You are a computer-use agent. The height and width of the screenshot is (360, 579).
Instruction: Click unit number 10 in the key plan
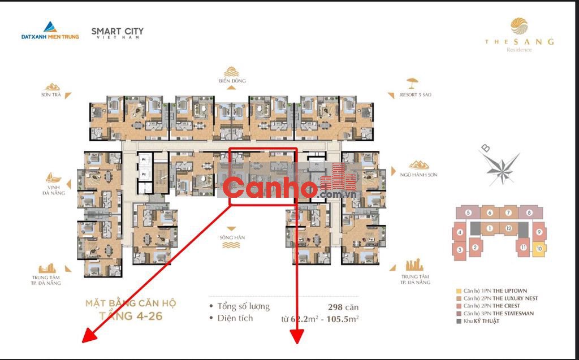[x=539, y=248]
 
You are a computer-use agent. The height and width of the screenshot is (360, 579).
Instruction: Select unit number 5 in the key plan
[x=469, y=213]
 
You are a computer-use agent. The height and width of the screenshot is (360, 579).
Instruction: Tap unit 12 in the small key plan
[x=509, y=228]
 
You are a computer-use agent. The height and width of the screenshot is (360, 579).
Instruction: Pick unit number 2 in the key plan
[x=475, y=246]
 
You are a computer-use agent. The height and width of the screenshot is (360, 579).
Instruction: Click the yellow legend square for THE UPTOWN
[x=459, y=290]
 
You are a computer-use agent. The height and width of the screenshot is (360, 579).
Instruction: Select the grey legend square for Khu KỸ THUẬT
[x=459, y=320]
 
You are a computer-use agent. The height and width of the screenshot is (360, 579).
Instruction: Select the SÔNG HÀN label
[x=231, y=238]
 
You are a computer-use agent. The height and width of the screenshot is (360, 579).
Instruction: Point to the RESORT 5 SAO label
[x=418, y=94]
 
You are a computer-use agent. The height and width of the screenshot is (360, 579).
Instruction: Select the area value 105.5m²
[x=343, y=318]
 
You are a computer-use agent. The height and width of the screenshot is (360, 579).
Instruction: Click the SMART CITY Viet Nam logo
[x=117, y=32]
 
